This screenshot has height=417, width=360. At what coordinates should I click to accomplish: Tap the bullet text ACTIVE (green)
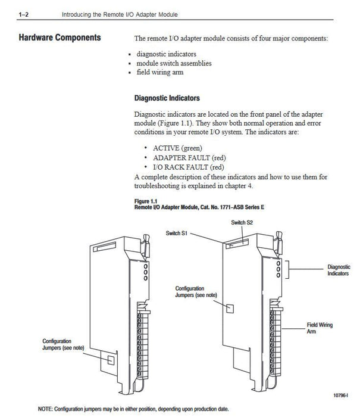pyautogui.click(x=177, y=147)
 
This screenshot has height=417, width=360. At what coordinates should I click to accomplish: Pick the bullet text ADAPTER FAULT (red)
pyautogui.click(x=189, y=157)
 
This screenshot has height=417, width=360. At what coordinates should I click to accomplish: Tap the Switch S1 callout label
pyautogui.click(x=178, y=234)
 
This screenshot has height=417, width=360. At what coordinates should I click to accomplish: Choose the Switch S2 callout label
pyautogui.click(x=242, y=222)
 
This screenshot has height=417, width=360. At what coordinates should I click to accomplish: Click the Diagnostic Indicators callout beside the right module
pyautogui.click(x=339, y=270)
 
